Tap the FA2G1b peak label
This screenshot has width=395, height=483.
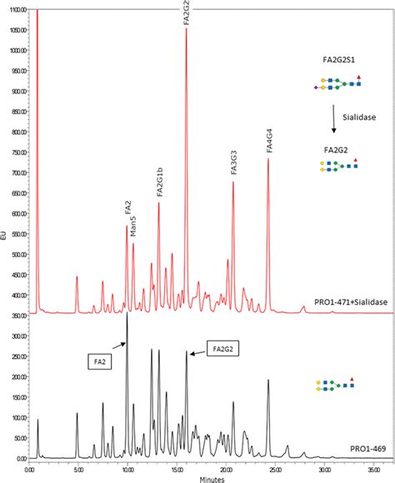click(159, 182)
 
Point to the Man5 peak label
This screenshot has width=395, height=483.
click(133, 225)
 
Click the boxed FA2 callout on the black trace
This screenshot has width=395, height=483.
click(99, 362)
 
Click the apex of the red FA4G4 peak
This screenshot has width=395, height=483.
click(268, 160)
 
